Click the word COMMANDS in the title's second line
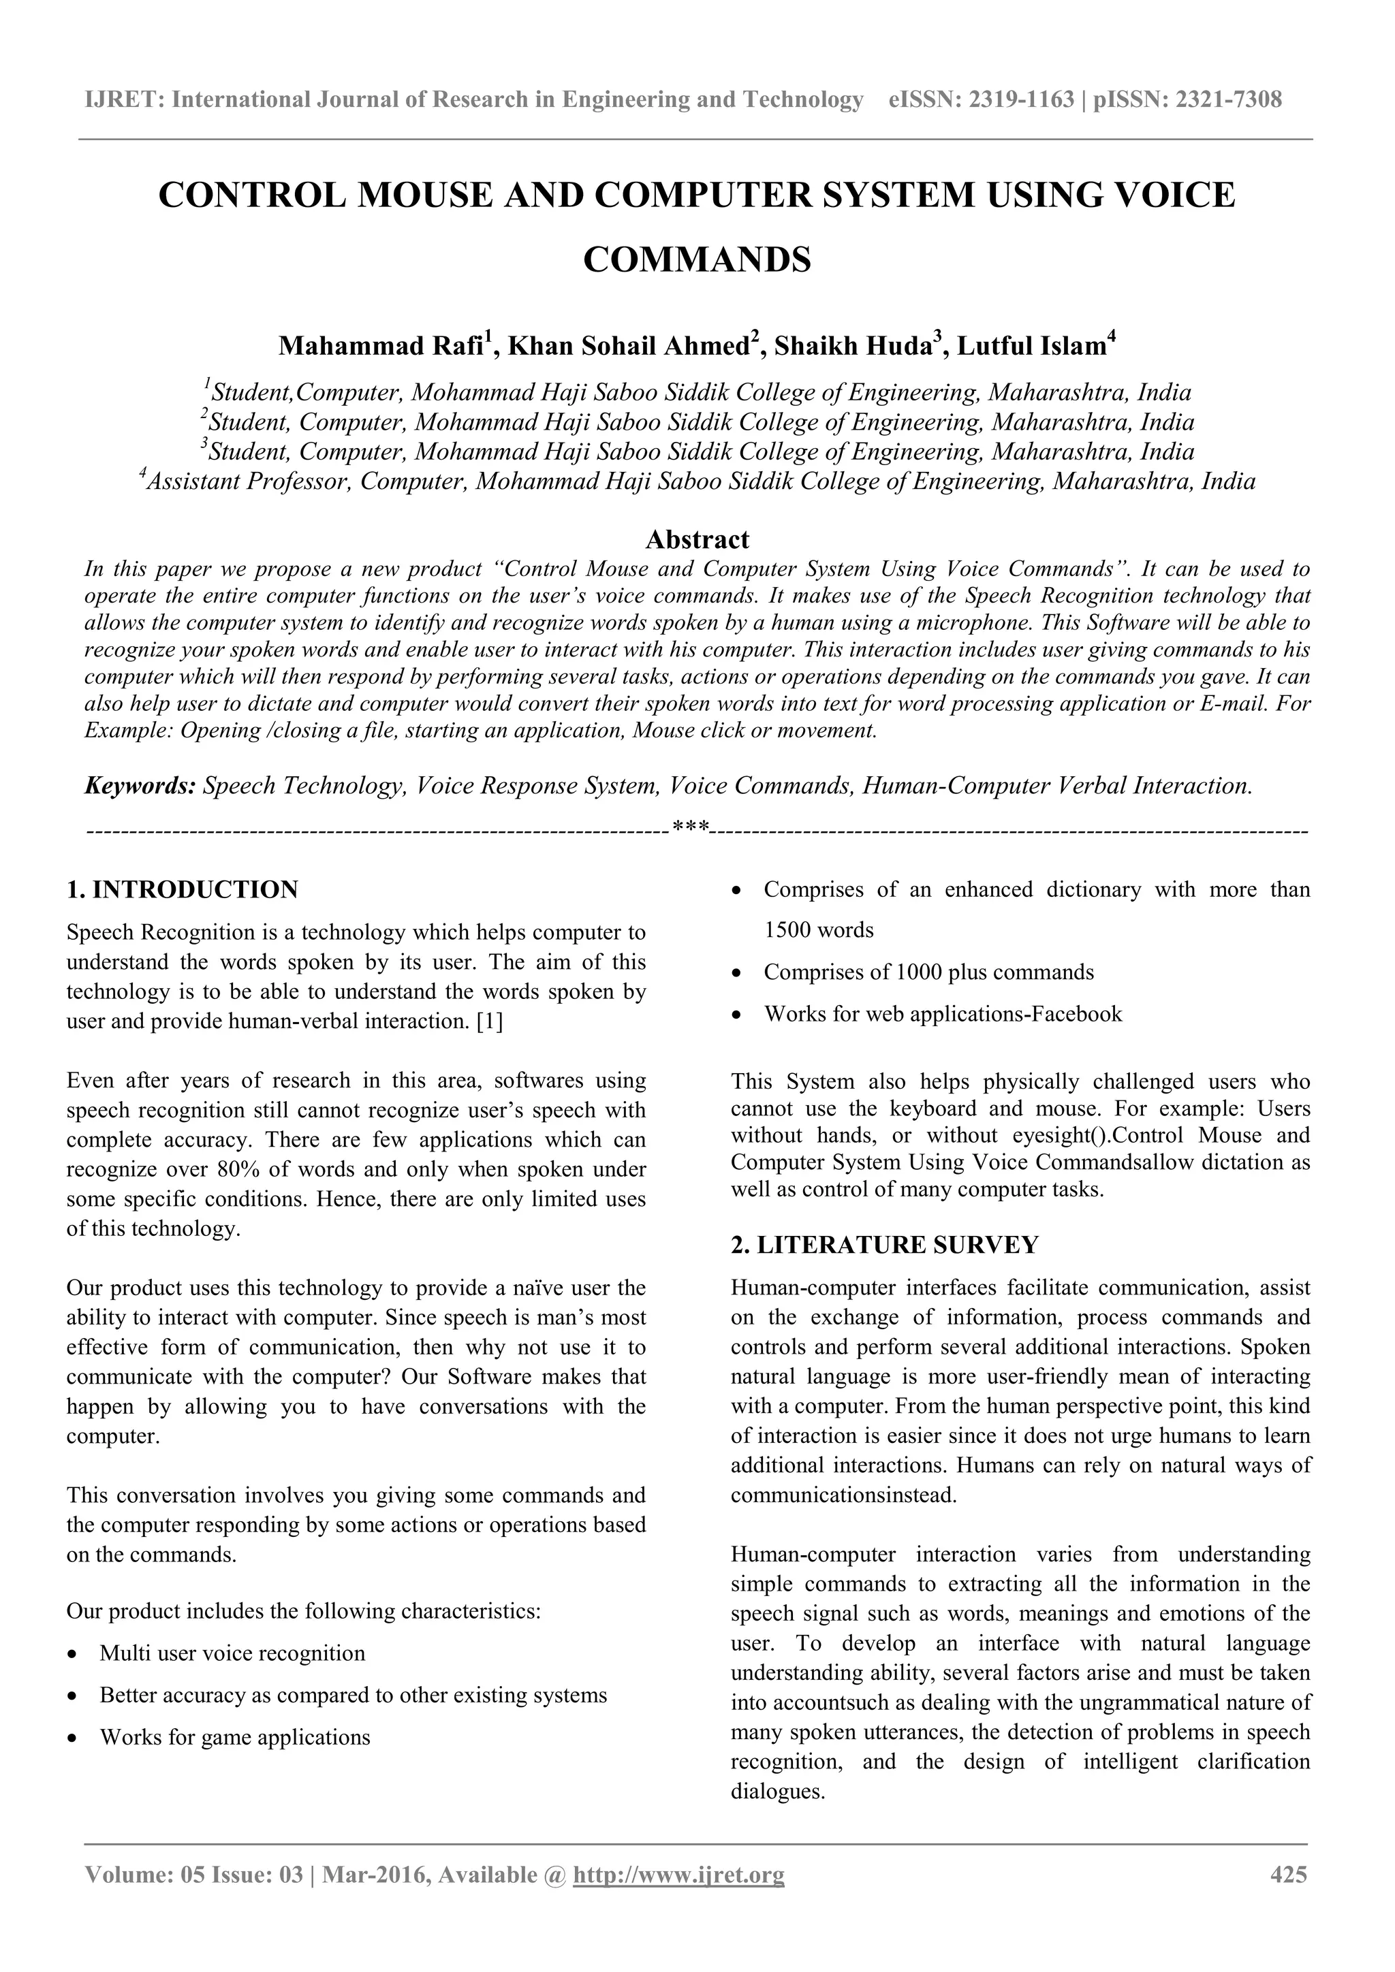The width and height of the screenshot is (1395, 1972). point(697,259)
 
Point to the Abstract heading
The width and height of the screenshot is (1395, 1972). point(697,539)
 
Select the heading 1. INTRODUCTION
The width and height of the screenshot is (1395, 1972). point(182,890)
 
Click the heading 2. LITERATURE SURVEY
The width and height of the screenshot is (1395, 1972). point(885,1245)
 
